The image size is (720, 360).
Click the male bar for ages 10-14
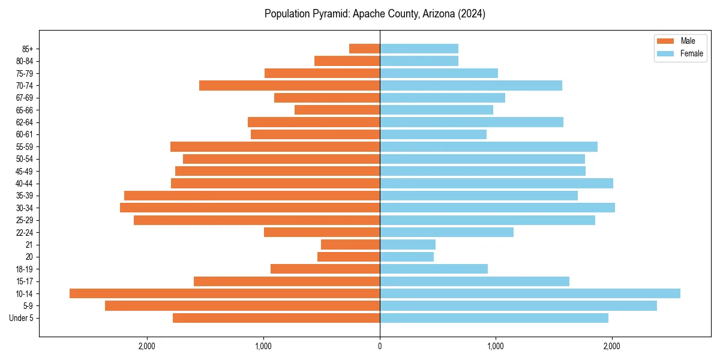pos(224,293)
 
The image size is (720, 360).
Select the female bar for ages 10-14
pos(530,293)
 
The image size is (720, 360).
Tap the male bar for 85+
pos(364,49)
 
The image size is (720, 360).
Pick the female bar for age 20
pos(407,257)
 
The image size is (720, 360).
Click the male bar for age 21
pos(350,244)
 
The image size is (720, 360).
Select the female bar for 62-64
pos(472,122)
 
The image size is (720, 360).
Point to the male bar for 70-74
pos(289,85)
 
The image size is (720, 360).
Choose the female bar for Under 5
pos(494,318)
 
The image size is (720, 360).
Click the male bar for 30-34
pos(250,208)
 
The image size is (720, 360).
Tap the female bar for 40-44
pos(496,183)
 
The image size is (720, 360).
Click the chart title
pos(375,14)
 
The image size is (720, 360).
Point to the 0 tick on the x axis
pos(380,346)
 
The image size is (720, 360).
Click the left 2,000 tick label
pos(147,346)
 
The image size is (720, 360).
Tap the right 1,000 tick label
pos(496,346)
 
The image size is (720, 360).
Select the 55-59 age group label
pos(25,146)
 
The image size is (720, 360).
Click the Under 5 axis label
pos(22,318)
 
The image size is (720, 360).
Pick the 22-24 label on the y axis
pos(25,232)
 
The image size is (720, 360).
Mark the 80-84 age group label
pos(25,61)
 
